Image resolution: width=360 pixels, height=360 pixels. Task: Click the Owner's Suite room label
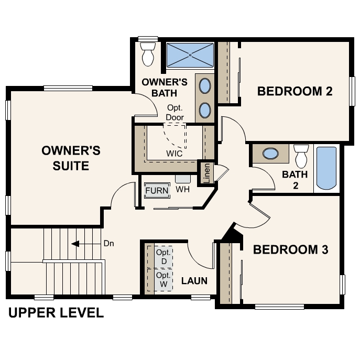coord(71,158)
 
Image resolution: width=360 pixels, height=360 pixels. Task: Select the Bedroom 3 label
coord(290,249)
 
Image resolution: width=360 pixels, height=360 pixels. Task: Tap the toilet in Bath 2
coord(301,155)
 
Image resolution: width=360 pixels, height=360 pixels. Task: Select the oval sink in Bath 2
coord(270,154)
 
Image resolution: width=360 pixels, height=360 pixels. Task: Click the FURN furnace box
coord(157,190)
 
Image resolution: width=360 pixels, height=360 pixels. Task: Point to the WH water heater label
coord(182,189)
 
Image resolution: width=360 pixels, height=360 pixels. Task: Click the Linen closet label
coord(206,173)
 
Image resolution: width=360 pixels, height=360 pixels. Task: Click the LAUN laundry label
coord(194,281)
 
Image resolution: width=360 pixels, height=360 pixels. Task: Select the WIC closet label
coord(174,154)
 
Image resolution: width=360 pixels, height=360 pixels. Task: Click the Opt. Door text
coord(174,113)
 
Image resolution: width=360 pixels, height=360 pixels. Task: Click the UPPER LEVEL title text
coord(56,313)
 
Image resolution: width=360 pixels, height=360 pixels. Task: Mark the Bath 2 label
coord(294,180)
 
